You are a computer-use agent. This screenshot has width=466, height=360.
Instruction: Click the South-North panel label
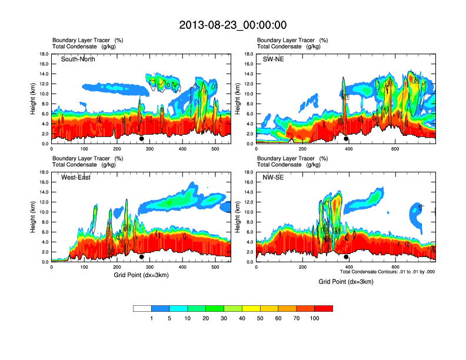(78, 59)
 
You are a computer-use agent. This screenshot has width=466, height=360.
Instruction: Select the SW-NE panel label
(273, 59)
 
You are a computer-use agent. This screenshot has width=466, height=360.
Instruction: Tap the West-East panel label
(76, 178)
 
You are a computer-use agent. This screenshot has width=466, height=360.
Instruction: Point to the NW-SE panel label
(273, 178)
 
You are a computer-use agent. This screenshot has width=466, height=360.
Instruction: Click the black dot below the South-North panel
(141, 139)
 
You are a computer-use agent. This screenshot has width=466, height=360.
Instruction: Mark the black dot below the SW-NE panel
(346, 139)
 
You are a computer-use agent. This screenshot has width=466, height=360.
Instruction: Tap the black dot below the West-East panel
(141, 257)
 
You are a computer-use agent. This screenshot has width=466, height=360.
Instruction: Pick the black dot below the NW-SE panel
(346, 257)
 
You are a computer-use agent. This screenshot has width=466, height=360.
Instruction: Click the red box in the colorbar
(324, 308)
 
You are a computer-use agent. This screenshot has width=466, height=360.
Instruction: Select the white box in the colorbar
(142, 308)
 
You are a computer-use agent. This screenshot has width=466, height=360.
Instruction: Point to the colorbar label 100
(315, 318)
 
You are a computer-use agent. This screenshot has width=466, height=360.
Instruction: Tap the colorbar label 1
(152, 318)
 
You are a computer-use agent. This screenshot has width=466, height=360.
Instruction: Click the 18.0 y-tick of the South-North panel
(44, 54)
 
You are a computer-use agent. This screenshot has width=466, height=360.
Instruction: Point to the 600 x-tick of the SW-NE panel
(392, 149)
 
